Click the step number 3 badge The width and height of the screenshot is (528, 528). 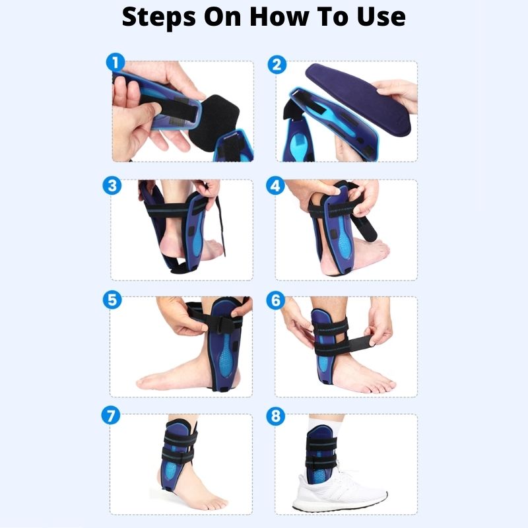pos(114,186)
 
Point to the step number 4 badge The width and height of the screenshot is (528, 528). pos(276,186)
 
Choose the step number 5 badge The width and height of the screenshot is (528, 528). pos(113,300)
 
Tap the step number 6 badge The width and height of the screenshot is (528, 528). pos(276,300)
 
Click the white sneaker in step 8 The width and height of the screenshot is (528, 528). pos(343,492)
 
